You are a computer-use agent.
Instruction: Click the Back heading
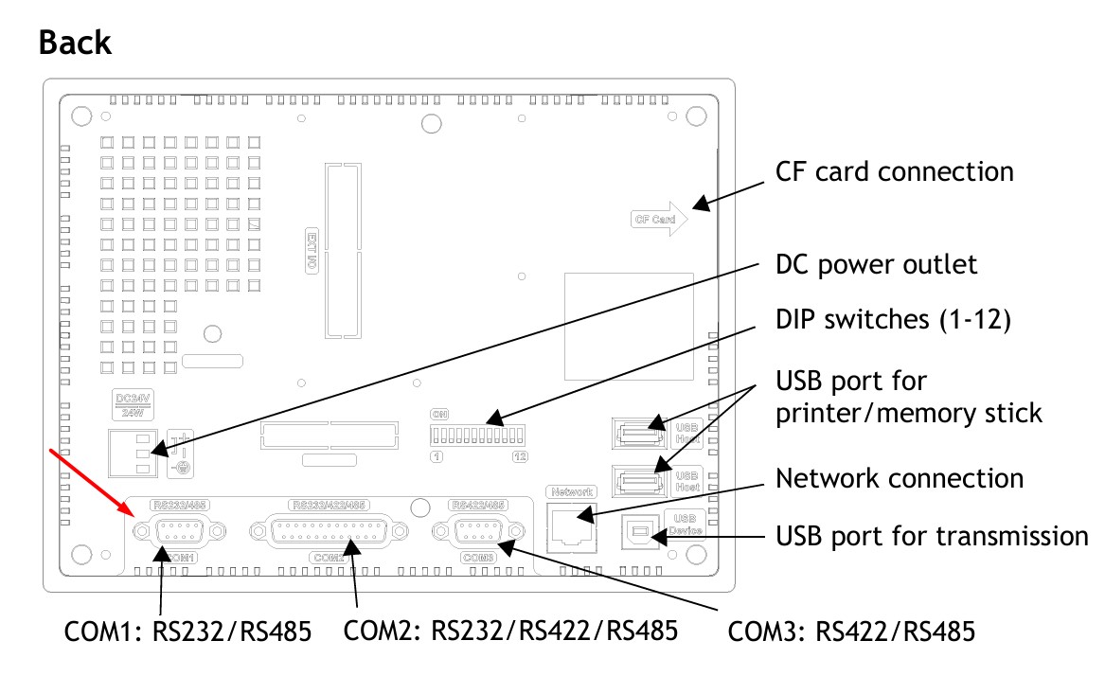pyautogui.click(x=76, y=43)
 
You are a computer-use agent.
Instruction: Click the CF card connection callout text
pyautogui.click(x=894, y=171)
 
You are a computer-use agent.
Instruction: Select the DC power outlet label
pyautogui.click(x=876, y=264)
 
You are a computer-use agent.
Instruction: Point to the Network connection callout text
pyautogui.click(x=899, y=478)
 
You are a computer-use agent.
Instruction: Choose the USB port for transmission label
pyautogui.click(x=932, y=537)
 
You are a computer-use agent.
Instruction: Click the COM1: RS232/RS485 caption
pyautogui.click(x=187, y=631)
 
